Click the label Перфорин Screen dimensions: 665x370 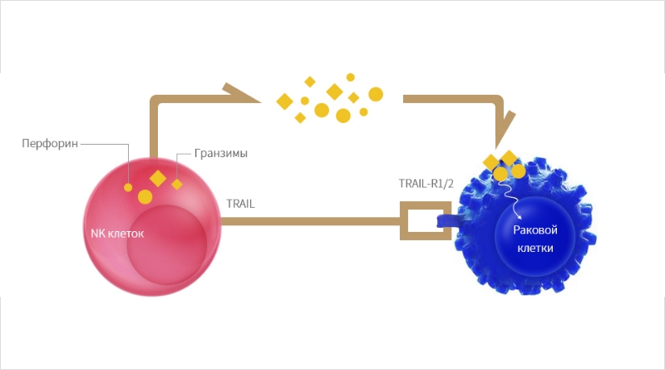coord(50,143)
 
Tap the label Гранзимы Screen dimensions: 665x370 coord(221,153)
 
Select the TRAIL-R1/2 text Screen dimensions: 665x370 coord(426,183)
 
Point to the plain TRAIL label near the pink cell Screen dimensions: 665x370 coord(240,204)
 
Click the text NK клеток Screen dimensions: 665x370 coord(117,234)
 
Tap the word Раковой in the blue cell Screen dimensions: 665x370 coord(535,230)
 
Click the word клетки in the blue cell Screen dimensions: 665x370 coord(535,248)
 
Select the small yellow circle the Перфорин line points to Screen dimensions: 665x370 coord(128,187)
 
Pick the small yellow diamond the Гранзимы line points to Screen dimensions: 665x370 coord(177,184)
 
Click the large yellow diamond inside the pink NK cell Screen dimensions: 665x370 coord(158,178)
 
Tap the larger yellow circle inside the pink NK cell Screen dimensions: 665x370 coord(145,197)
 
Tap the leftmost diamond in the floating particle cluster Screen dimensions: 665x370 coord(284,101)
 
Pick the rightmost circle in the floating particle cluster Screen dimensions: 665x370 coord(376,94)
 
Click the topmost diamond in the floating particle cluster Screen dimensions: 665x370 coord(310,81)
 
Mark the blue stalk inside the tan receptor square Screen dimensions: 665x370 coord(446,220)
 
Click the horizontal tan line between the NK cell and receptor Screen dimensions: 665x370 coord(310,221)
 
